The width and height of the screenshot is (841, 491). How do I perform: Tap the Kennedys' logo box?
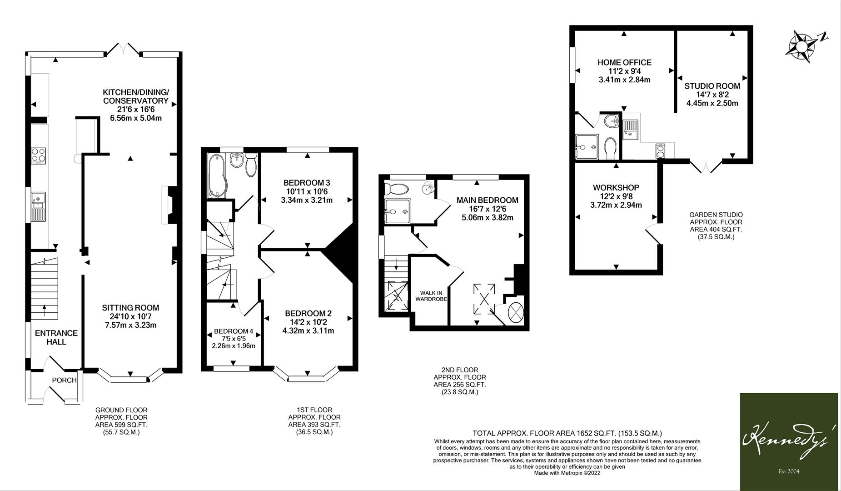[x=789, y=441]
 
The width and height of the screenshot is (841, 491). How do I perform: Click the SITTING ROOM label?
[x=130, y=308]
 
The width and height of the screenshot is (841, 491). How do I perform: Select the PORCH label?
[x=64, y=380]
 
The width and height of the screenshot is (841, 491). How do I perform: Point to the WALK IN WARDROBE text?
[x=431, y=296]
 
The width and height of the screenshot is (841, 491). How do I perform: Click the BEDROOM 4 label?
[x=234, y=331]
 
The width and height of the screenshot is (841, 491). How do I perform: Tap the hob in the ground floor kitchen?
[x=39, y=155]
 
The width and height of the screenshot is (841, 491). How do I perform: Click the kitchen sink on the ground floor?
[x=39, y=207]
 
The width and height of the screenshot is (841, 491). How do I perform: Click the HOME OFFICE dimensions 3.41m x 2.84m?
[x=624, y=80]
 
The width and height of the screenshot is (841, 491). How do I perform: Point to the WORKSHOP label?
[x=616, y=188]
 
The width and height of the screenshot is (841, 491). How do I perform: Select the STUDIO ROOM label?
[x=712, y=86]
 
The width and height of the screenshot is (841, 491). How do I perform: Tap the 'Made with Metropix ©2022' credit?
[x=567, y=473]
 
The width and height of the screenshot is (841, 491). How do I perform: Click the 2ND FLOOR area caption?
[x=459, y=381]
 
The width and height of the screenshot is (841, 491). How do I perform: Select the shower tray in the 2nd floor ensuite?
[x=398, y=211]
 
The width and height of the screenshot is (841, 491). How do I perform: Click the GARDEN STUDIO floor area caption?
[x=716, y=225]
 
